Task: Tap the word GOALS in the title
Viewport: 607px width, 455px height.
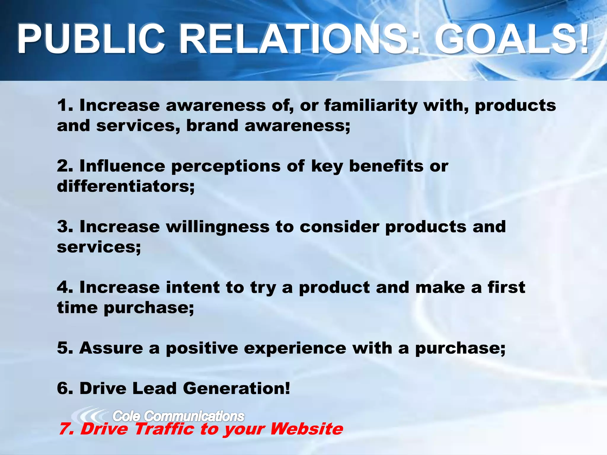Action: pos(504,39)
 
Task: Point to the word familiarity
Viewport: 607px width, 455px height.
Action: pos(370,106)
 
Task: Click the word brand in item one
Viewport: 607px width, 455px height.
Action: pos(212,125)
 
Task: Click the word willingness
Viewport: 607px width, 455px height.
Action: pos(218,227)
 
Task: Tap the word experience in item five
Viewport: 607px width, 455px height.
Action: pos(295,348)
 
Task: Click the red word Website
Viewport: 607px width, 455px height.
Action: pos(306,429)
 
